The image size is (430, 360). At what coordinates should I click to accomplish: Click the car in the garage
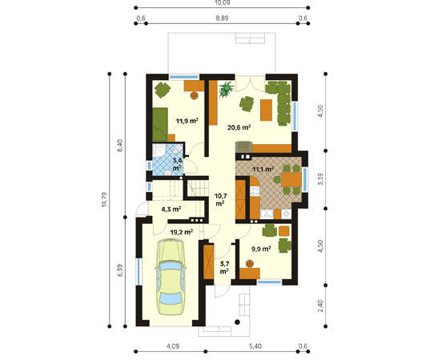[x=171, y=277]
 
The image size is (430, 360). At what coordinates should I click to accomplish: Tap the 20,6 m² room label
[x=239, y=127]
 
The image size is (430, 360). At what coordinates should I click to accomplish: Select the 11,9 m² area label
[x=187, y=121]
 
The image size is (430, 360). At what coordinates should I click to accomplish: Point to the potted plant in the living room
[x=227, y=89]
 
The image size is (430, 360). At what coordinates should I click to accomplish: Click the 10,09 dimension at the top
[x=222, y=2]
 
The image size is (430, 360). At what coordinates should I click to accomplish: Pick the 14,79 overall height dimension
[x=104, y=199]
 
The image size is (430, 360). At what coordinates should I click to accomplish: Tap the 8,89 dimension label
[x=222, y=18]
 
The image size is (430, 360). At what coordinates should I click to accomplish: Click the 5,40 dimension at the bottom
[x=255, y=346]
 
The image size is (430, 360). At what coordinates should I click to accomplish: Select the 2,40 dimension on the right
[x=320, y=306]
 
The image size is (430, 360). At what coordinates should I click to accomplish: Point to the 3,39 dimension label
[x=320, y=179]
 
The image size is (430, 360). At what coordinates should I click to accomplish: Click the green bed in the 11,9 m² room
[x=160, y=125]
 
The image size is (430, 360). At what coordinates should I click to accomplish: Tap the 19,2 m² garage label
[x=181, y=232]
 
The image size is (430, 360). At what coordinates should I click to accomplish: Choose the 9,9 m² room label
[x=261, y=249]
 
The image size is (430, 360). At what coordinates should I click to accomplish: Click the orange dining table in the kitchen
[x=291, y=179]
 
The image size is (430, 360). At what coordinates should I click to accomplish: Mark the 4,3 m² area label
[x=171, y=210]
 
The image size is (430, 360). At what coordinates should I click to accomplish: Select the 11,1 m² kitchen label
[x=263, y=169]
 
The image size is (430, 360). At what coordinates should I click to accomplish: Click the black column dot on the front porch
[x=238, y=322]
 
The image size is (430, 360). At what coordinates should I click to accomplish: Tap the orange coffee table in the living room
[x=266, y=110]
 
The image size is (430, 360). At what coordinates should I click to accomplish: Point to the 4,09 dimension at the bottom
[x=173, y=346]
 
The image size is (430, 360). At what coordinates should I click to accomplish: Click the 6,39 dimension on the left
[x=120, y=270]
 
